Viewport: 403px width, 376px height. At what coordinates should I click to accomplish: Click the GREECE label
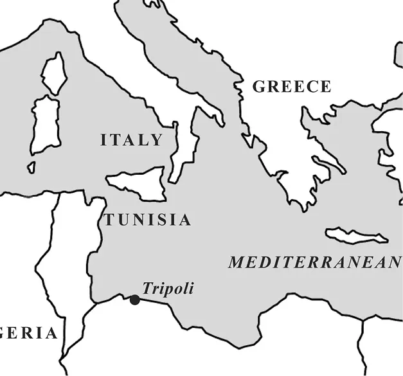[291, 87]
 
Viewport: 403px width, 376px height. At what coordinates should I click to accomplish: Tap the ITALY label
[131, 141]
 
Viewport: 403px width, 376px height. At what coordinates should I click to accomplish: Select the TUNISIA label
[148, 220]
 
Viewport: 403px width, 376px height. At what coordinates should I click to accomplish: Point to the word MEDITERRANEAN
[314, 263]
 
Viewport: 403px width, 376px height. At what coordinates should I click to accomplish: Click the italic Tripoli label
[168, 289]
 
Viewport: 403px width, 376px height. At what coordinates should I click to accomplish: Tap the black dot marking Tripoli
[135, 300]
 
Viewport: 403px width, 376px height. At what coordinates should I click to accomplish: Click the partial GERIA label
[28, 333]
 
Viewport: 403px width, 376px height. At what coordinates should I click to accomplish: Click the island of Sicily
[137, 183]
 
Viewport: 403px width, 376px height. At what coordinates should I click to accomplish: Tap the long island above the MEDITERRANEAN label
[357, 235]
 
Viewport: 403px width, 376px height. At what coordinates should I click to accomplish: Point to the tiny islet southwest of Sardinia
[30, 167]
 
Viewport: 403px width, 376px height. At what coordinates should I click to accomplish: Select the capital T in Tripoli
[147, 289]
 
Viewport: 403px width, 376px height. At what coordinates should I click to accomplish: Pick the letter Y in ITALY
[156, 141]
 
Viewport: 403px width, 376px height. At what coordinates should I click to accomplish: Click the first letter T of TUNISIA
[110, 220]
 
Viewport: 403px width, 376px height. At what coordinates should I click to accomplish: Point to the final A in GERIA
[50, 333]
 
